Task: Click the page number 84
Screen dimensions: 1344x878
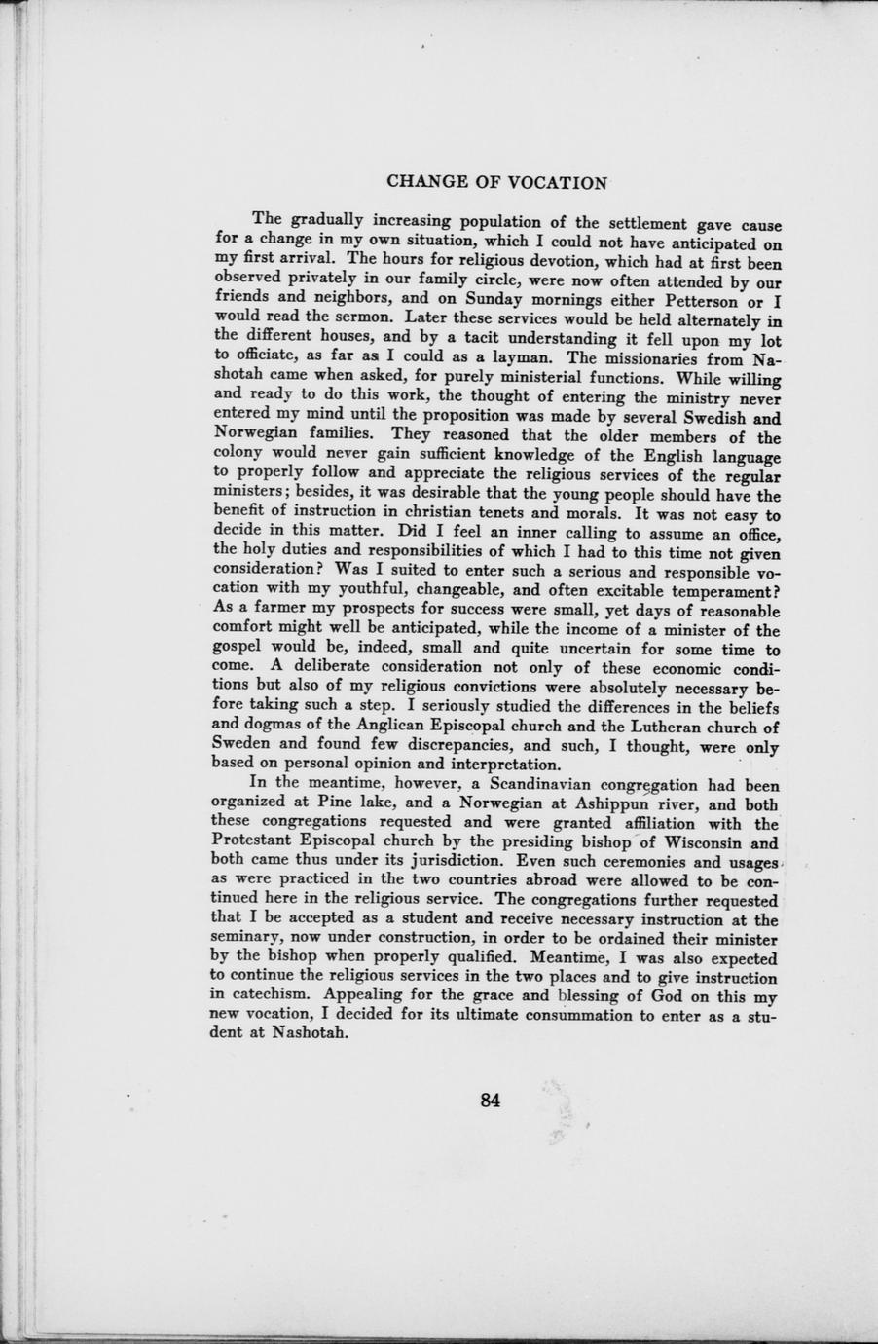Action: pyautogui.click(x=490, y=1101)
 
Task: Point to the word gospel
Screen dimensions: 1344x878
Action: pyautogui.click(x=237, y=649)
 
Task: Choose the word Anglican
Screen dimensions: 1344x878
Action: pyautogui.click(x=384, y=726)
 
